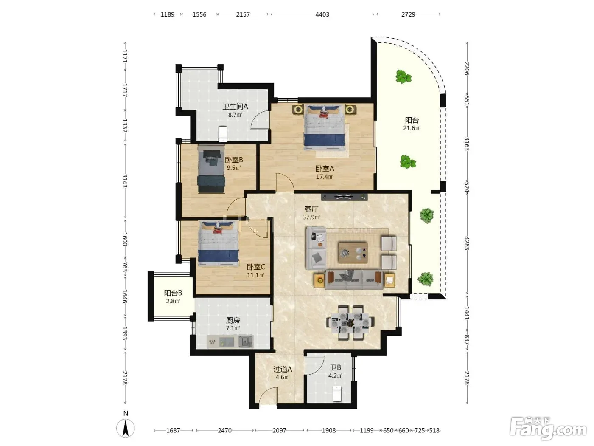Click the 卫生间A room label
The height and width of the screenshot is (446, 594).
pos(235,110)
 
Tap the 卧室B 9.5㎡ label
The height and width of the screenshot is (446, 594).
pos(234,164)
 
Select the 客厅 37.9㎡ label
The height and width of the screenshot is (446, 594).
pos(311,213)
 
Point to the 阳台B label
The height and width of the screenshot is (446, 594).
pos(173,293)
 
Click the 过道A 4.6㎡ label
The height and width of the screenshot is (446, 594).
pos(283,373)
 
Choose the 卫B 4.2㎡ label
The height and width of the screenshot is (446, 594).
pos(335,372)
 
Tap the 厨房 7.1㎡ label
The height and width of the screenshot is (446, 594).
pos(233,324)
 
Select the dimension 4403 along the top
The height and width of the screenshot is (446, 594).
pos(322,14)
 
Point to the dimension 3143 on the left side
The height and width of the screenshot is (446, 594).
pos(125,181)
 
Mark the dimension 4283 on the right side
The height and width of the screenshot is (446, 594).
pos(467,243)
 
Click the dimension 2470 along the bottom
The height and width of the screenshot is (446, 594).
pos(224,430)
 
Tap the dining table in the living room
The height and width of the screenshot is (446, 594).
pos(351,322)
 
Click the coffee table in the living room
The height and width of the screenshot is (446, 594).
pos(353,252)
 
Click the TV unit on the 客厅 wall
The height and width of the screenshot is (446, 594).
pos(344,197)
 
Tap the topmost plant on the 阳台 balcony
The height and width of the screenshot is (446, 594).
pos(403,76)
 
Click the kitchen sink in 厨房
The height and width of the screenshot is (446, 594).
pos(246,341)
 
